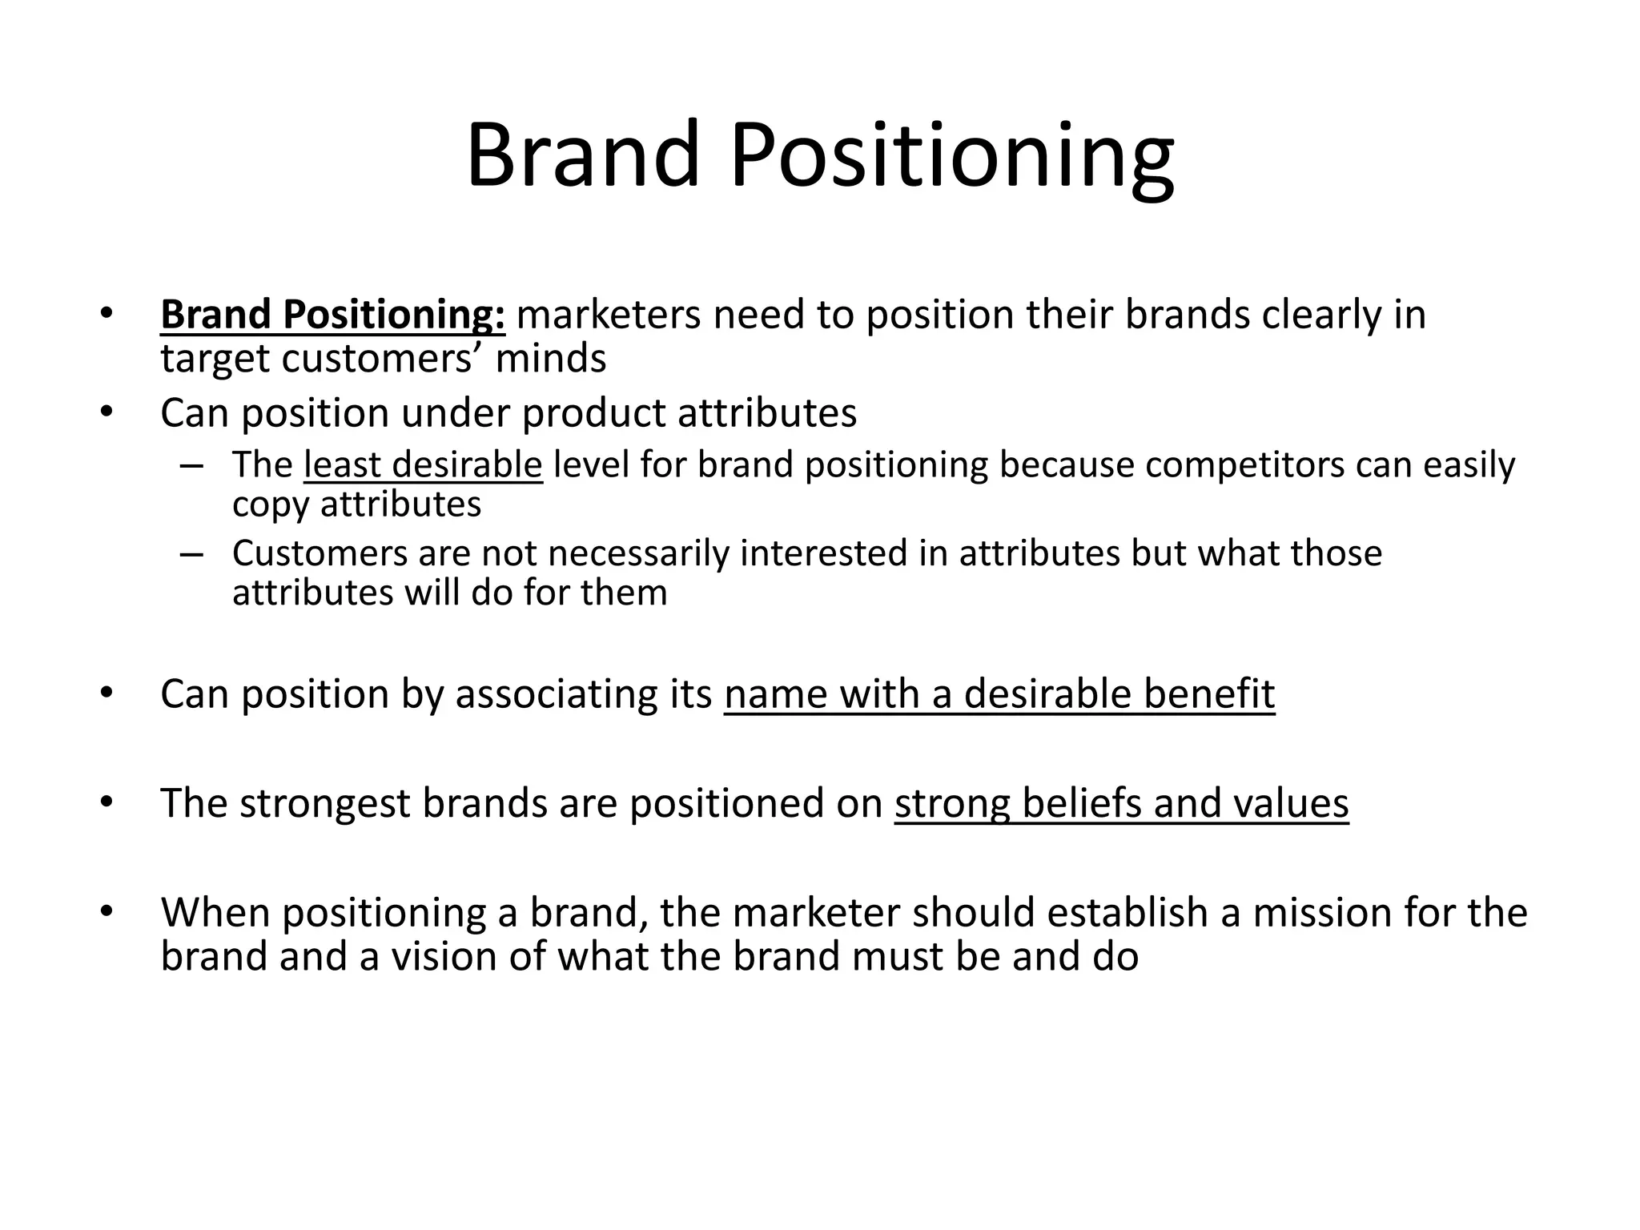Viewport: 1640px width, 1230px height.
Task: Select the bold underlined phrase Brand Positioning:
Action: [332, 314]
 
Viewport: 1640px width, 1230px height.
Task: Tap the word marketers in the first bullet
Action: [609, 314]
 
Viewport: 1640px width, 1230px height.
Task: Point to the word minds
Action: [551, 358]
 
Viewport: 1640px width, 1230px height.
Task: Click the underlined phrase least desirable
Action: [423, 465]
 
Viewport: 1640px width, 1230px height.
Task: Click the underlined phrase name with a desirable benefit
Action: [999, 693]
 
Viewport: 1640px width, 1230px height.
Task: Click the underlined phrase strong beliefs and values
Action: [1121, 803]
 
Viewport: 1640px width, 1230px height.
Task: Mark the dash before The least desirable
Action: [192, 465]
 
